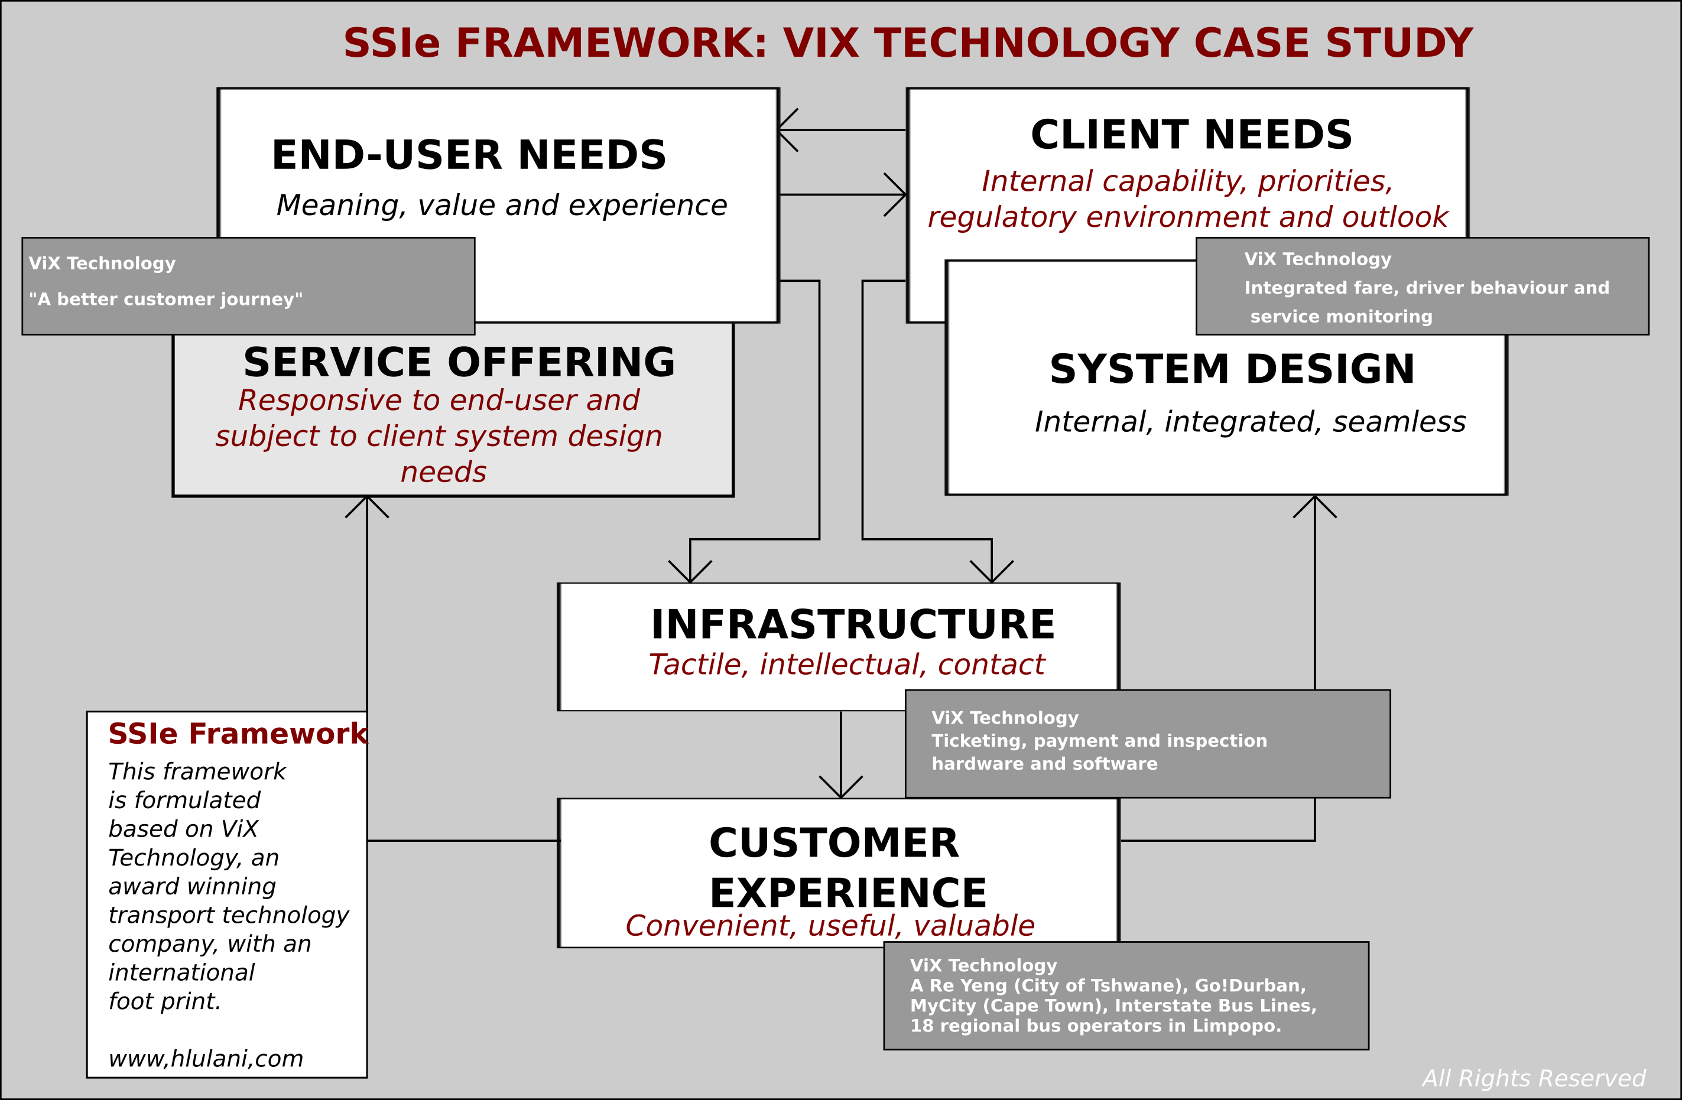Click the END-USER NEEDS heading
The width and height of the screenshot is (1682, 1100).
coord(469,155)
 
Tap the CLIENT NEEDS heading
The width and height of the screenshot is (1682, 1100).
coord(1191,135)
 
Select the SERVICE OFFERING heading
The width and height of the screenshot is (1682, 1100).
coord(459,362)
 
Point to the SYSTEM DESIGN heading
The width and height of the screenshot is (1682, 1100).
coord(1232,369)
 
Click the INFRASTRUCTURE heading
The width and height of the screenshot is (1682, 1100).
coord(853,624)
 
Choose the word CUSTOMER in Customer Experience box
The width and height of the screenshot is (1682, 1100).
coord(834,843)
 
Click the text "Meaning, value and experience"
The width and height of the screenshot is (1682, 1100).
coord(502,206)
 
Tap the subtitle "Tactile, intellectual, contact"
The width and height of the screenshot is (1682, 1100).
coord(846,665)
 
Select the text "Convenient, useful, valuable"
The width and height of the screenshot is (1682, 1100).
coord(830,926)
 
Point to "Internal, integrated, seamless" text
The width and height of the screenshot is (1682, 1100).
coord(1250,422)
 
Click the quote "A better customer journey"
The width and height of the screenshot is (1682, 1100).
coord(166,300)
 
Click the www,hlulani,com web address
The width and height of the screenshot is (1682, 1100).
coord(206,1058)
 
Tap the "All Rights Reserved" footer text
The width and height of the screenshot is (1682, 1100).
coord(1534,1078)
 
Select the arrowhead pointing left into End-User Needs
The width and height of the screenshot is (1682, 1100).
coord(784,130)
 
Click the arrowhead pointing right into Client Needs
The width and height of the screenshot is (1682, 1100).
coord(900,194)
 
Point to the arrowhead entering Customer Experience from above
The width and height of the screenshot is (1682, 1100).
coord(841,790)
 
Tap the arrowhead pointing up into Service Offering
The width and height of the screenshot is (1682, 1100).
coord(367,503)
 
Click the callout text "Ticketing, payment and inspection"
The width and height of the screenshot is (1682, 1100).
coord(1099,740)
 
